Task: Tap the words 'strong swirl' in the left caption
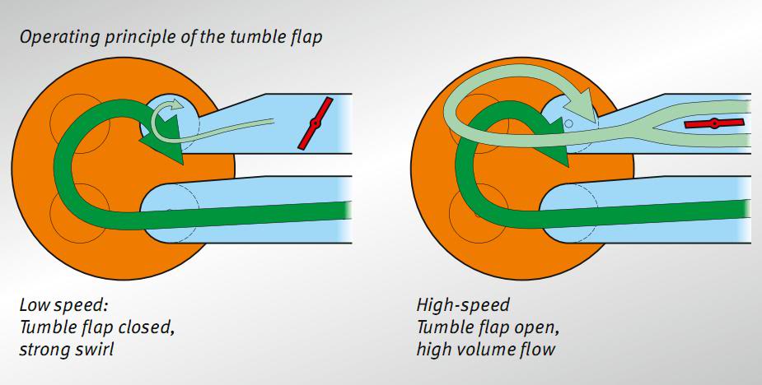pos(67,349)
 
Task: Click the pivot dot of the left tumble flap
pos(315,123)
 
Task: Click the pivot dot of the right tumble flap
pos(714,123)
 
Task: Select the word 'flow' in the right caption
pos(539,349)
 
